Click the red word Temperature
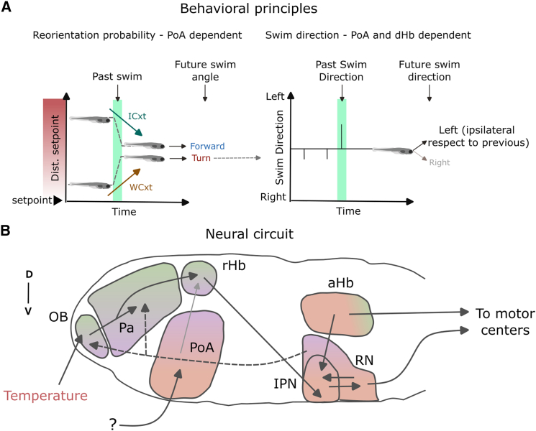pyautogui.click(x=45, y=396)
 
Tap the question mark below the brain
pyautogui.click(x=113, y=425)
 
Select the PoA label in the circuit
pyautogui.click(x=201, y=348)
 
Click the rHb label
pyautogui.click(x=234, y=265)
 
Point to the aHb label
pyautogui.click(x=340, y=283)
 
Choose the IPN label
pyautogui.click(x=285, y=384)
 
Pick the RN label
pyautogui.click(x=364, y=360)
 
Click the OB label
pyautogui.click(x=58, y=317)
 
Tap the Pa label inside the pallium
pyautogui.click(x=126, y=328)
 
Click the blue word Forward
pyautogui.click(x=207, y=146)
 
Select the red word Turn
pyautogui.click(x=201, y=158)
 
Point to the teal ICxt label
pyautogui.click(x=137, y=116)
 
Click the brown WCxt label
pyautogui.click(x=141, y=187)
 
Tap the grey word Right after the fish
pyautogui.click(x=440, y=162)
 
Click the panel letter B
pyautogui.click(x=6, y=231)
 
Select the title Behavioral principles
pyautogui.click(x=248, y=9)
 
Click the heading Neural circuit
pyautogui.click(x=250, y=234)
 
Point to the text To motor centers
pyautogui.click(x=505, y=322)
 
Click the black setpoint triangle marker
pyautogui.click(x=58, y=200)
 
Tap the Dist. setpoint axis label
pyautogui.click(x=55, y=148)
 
